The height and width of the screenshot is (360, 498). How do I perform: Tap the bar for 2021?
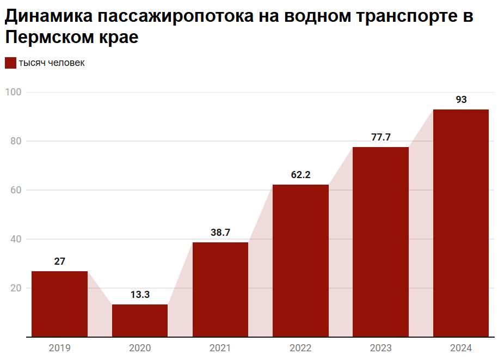tap(220, 289)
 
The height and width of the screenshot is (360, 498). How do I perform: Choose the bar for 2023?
tap(380, 242)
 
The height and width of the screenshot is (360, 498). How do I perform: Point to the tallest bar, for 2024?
tap(461, 223)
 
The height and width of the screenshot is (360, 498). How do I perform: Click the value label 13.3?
tap(140, 295)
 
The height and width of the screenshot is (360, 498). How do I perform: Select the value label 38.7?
tap(220, 233)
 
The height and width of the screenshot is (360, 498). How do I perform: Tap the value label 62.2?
tap(300, 175)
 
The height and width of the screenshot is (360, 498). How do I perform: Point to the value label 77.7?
tap(380, 137)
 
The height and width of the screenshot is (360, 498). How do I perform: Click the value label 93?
tap(461, 100)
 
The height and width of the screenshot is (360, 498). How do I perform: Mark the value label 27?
tap(59, 261)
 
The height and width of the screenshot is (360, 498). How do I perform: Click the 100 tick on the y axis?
tap(13, 92)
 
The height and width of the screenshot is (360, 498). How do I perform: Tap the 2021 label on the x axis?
tap(220, 348)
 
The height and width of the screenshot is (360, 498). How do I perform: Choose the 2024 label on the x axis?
tap(461, 348)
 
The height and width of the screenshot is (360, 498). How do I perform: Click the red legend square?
tap(10, 63)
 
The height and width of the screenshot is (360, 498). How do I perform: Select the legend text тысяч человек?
tap(52, 63)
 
